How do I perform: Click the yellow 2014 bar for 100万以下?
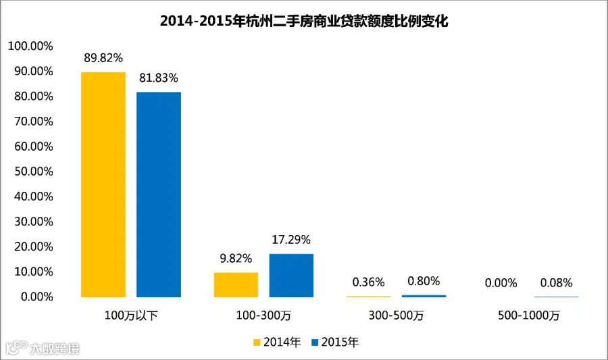point(103,184)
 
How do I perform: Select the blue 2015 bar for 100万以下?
point(159,195)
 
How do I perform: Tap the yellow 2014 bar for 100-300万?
point(236,285)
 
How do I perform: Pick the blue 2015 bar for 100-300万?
point(291,276)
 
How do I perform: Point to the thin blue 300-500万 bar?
point(424,296)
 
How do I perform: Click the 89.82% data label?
point(103,57)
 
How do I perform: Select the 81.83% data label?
point(159,78)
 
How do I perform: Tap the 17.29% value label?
point(291,240)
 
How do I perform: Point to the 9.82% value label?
point(236,259)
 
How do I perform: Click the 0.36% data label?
point(368,282)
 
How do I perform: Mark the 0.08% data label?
point(557,283)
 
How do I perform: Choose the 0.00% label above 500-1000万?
point(501,283)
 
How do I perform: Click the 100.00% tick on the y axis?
point(30,46)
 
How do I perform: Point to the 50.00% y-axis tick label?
point(34,172)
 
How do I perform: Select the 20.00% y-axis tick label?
point(34,247)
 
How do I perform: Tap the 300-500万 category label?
point(396,315)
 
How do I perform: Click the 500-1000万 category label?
point(529,315)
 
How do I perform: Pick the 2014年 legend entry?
point(277,342)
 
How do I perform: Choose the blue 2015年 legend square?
point(315,342)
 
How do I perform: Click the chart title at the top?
point(304,21)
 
